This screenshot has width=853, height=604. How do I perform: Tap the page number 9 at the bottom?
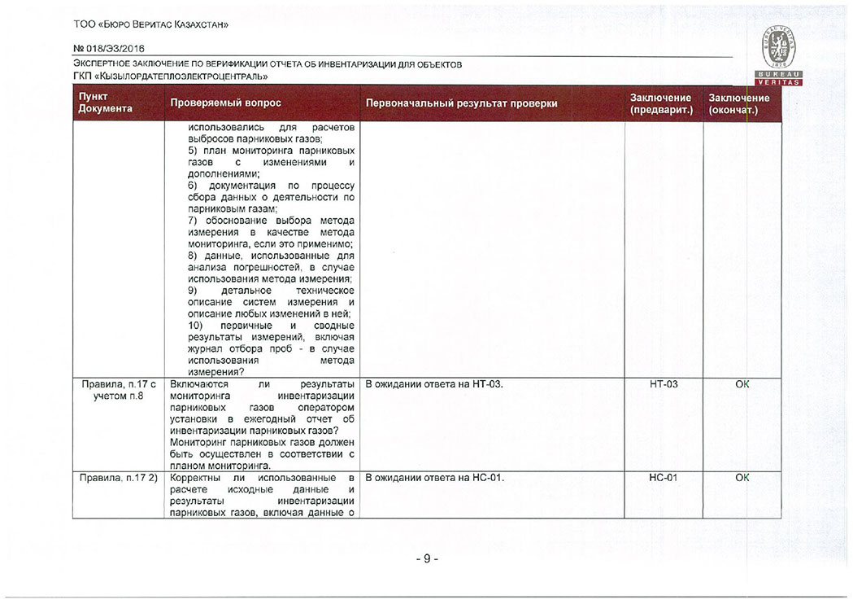pyautogui.click(x=426, y=559)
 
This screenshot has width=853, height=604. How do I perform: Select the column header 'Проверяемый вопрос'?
pyautogui.click(x=225, y=104)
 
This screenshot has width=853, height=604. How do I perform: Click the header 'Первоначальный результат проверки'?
pyautogui.click(x=461, y=104)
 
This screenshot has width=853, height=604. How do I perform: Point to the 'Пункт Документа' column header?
pyautogui.click(x=106, y=103)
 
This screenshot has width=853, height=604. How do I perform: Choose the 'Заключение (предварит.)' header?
pyautogui.click(x=662, y=103)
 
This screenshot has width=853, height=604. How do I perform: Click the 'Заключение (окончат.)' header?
pyautogui.click(x=739, y=103)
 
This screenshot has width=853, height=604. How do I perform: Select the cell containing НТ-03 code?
pyautogui.click(x=664, y=384)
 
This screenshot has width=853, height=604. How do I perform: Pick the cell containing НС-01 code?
pyautogui.click(x=664, y=478)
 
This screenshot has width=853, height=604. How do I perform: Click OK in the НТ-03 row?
pyautogui.click(x=742, y=384)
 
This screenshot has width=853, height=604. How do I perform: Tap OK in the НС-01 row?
pyautogui.click(x=742, y=478)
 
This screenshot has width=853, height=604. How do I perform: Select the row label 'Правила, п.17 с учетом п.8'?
pyautogui.click(x=119, y=390)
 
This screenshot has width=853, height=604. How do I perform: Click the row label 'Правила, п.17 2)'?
pyautogui.click(x=119, y=478)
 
